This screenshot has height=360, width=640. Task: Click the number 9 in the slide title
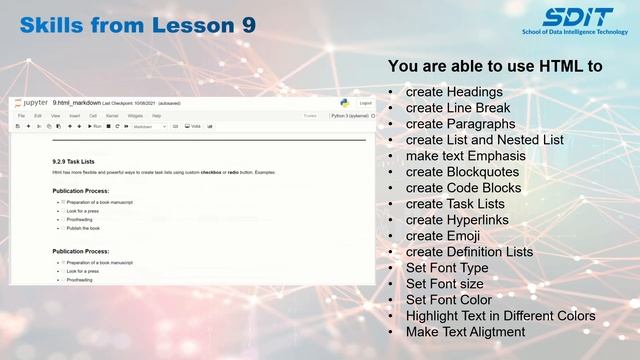click(248, 24)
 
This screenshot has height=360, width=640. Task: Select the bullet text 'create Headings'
click(453, 92)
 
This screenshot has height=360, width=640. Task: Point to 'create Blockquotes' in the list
click(464, 172)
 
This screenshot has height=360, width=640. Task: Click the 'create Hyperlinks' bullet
click(457, 220)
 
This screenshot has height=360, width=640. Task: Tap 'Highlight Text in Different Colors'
click(500, 315)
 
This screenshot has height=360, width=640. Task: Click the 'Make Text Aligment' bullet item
click(465, 331)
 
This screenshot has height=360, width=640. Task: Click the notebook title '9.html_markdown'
click(76, 103)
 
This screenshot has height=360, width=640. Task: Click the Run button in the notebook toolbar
click(97, 127)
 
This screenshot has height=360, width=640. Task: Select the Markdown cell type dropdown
click(149, 127)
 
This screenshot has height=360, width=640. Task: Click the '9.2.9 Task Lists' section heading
click(73, 160)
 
